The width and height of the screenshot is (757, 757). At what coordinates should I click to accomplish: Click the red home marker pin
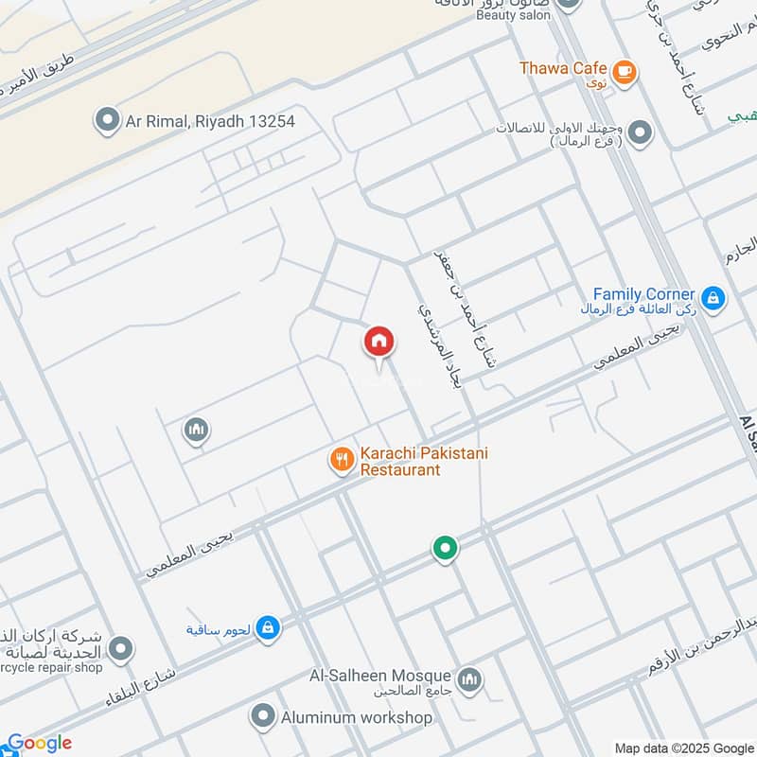click(379, 342)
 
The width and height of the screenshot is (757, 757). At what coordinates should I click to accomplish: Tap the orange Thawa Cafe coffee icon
click(624, 70)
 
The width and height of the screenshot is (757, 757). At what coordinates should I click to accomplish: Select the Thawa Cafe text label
click(563, 68)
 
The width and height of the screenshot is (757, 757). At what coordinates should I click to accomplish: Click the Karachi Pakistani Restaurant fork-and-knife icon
click(341, 460)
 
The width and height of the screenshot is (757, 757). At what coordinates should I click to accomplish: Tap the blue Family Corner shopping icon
click(713, 299)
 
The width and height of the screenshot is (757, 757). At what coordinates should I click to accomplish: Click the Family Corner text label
click(643, 294)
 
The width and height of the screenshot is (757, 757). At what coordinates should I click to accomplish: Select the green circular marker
click(445, 547)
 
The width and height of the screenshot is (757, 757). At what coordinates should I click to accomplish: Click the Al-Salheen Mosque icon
click(469, 679)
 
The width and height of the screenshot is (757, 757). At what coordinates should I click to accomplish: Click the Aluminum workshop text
click(356, 717)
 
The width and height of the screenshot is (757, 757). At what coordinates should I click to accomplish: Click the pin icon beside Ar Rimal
click(105, 120)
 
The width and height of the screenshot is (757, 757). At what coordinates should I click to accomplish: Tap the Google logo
click(40, 743)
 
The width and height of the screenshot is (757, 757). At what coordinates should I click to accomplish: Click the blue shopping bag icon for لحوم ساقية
click(268, 627)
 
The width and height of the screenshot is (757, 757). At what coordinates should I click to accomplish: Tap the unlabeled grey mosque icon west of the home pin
click(196, 431)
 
